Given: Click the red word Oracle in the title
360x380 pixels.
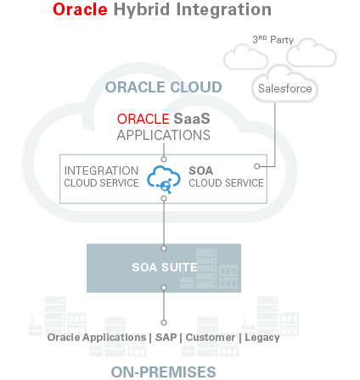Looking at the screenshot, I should coord(80,10).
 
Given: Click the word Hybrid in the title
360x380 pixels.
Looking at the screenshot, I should coord(142,10).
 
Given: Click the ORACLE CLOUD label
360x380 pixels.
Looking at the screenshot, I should coord(164,87).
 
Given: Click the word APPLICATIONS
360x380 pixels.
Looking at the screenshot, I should coord(164,135).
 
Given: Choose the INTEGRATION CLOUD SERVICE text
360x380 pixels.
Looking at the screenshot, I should coord(101,176).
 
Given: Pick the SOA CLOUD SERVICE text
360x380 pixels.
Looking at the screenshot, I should coord(225,176).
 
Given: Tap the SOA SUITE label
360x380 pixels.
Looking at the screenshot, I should coord(164,267).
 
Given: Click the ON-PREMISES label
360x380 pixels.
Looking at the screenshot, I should coord(164,372).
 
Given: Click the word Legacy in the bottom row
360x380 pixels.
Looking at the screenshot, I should coord(261,337).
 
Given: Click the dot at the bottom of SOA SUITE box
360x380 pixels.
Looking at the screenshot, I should coord(164,289).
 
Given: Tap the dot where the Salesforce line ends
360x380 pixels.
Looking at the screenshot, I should coord(256,165).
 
